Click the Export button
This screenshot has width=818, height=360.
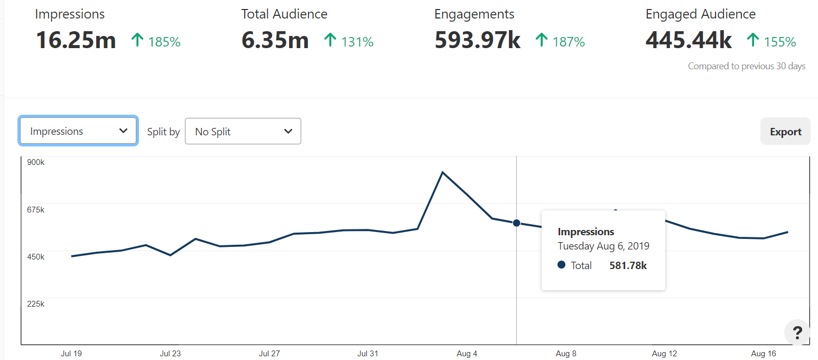pyautogui.click(x=785, y=132)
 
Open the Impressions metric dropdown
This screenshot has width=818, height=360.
pyautogui.click(x=78, y=131)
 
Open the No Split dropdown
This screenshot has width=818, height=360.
pyautogui.click(x=243, y=132)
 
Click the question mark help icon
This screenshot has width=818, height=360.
pyautogui.click(x=797, y=333)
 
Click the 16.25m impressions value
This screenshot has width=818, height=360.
pyautogui.click(x=76, y=41)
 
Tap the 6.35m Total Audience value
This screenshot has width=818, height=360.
pyautogui.click(x=275, y=41)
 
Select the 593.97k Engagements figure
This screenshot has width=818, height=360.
pyautogui.click(x=477, y=41)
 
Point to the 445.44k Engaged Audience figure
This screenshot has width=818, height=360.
pyautogui.click(x=689, y=41)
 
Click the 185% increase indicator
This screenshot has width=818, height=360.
pyautogui.click(x=164, y=42)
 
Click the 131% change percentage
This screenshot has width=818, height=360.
pyautogui.click(x=357, y=42)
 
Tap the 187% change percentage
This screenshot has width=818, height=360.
pyautogui.click(x=569, y=42)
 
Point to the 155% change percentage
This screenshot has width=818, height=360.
pyautogui.click(x=779, y=42)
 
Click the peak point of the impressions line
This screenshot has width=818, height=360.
pyautogui.click(x=443, y=172)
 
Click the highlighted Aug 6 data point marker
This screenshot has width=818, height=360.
pyautogui.click(x=516, y=223)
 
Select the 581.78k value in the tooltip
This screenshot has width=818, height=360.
pyautogui.click(x=628, y=265)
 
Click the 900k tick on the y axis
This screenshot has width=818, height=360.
pyautogui.click(x=36, y=162)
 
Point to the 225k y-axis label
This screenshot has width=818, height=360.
pyautogui.click(x=36, y=304)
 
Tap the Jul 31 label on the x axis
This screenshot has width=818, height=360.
pyautogui.click(x=368, y=354)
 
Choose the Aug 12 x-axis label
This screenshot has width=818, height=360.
pyautogui.click(x=664, y=354)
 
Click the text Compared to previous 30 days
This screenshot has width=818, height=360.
pyautogui.click(x=746, y=67)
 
